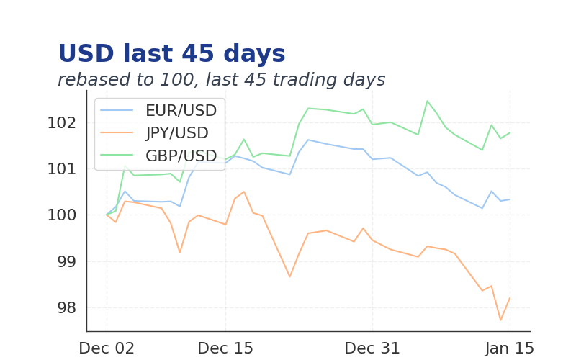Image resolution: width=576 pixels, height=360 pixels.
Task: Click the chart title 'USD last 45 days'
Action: click(x=171, y=55)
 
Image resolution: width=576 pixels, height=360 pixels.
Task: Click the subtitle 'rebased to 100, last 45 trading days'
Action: click(x=221, y=80)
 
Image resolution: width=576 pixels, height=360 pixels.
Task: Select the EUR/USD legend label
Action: click(x=181, y=111)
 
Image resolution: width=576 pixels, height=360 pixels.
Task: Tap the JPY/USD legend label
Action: click(x=176, y=133)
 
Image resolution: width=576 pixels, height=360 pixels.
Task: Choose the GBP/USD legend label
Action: click(x=181, y=156)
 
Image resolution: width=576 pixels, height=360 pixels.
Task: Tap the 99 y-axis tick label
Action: click(x=66, y=261)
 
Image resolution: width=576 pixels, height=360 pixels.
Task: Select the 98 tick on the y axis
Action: click(x=66, y=308)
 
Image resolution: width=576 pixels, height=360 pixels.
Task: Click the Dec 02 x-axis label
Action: click(x=107, y=348)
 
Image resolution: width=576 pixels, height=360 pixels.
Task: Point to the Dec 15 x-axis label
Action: click(x=225, y=348)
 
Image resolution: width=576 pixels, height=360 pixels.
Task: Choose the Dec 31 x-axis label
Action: click(x=372, y=348)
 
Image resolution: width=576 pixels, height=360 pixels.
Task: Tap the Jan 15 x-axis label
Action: click(x=510, y=348)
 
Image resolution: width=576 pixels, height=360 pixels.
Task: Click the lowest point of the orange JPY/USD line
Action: click(x=500, y=320)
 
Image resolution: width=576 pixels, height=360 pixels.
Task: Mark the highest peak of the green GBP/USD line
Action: click(x=427, y=101)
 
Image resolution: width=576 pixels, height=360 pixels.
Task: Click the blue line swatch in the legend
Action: click(x=117, y=111)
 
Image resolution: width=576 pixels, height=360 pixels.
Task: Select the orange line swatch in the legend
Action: click(x=117, y=133)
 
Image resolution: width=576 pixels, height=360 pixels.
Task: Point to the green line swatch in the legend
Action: click(x=117, y=156)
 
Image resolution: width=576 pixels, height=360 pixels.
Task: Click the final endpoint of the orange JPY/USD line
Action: click(x=510, y=297)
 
